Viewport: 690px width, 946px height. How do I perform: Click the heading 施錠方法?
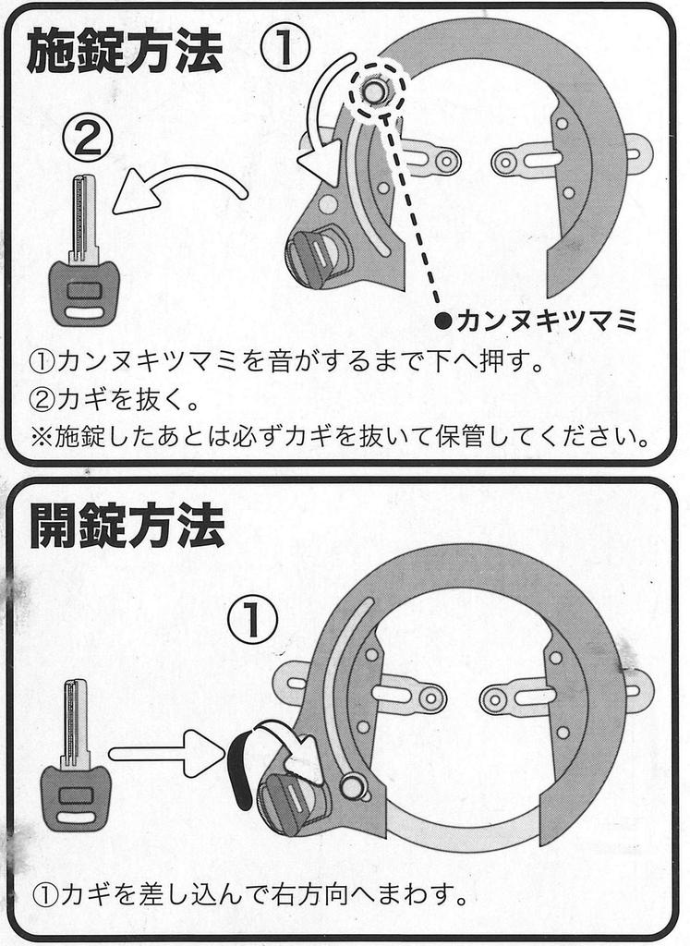(125, 53)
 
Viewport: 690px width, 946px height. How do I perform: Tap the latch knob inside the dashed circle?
(375, 91)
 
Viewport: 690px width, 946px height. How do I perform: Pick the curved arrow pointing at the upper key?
(176, 188)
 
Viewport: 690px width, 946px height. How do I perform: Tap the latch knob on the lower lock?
(351, 786)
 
